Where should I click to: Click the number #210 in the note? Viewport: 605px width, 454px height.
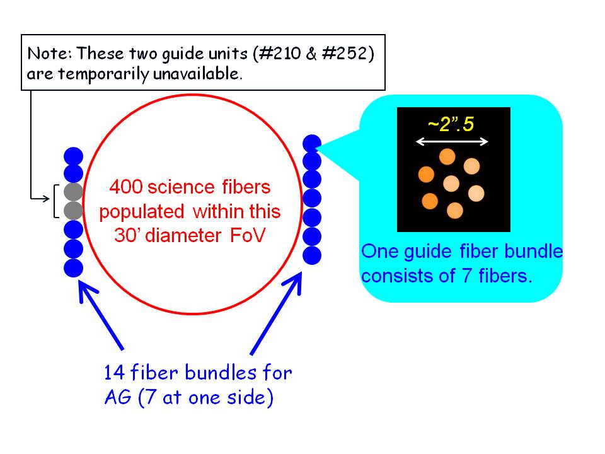[x=280, y=53]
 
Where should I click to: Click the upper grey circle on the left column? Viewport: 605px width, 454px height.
[x=73, y=192]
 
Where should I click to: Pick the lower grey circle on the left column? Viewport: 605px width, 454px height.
[x=73, y=211]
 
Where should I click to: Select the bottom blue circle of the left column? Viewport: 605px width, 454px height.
[x=73, y=268]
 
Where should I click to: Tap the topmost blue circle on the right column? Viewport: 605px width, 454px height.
[x=312, y=144]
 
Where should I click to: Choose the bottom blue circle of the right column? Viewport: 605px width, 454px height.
[x=312, y=255]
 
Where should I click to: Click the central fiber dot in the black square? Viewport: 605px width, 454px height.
[x=451, y=183]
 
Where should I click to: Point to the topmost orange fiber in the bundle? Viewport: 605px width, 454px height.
[x=447, y=157]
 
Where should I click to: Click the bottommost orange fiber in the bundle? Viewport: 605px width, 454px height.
[x=454, y=211]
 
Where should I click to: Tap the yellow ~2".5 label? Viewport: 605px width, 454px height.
[x=451, y=124]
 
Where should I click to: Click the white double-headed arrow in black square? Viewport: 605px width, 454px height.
[x=452, y=142]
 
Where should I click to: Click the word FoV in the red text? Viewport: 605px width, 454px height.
[x=248, y=235]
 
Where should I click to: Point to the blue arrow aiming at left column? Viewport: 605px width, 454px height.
[x=100, y=315]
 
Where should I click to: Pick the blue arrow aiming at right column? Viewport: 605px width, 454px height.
[x=276, y=313]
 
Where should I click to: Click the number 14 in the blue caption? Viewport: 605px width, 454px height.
[x=115, y=373]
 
